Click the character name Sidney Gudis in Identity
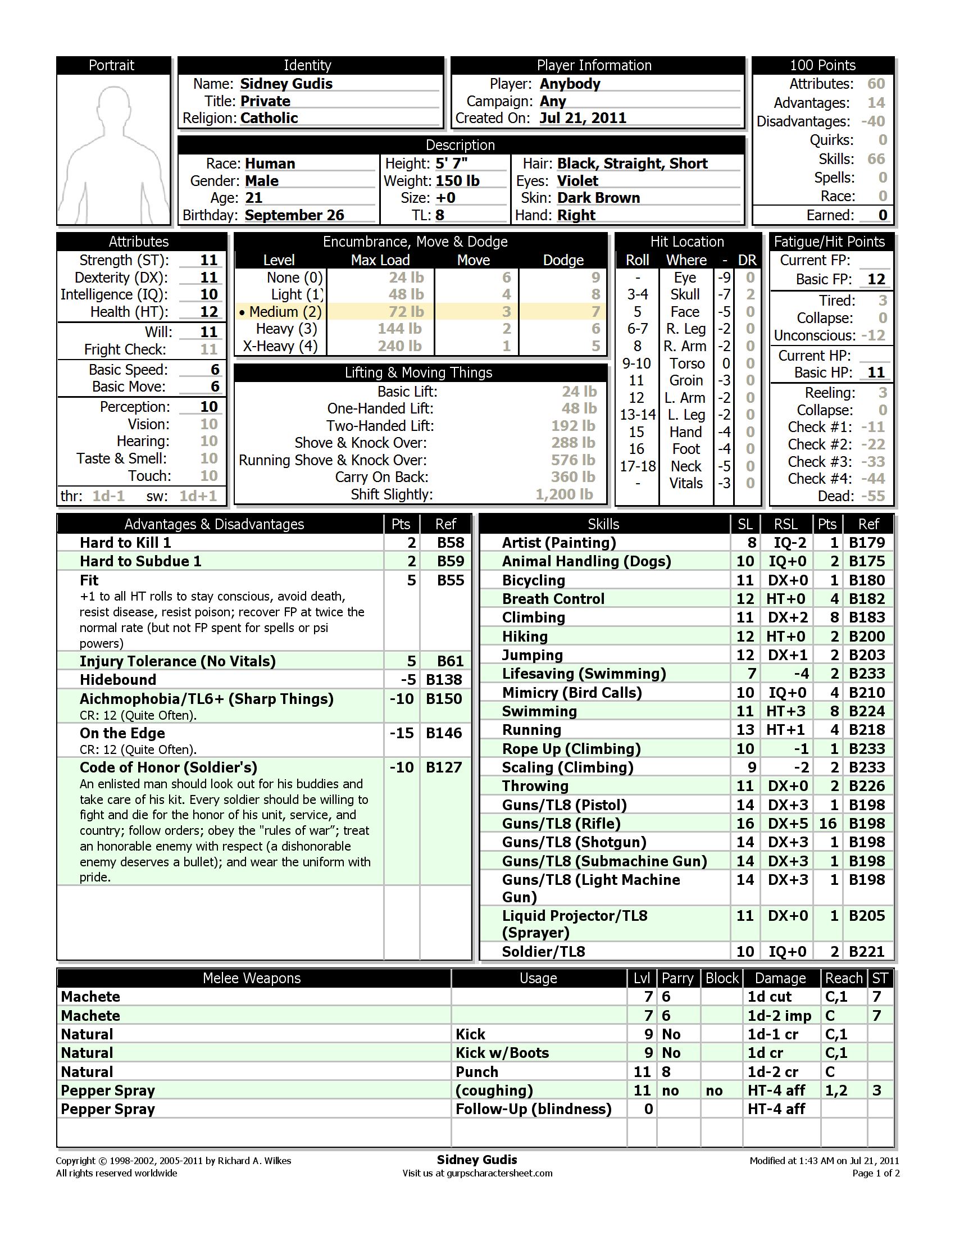[x=286, y=84]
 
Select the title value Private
[x=265, y=101]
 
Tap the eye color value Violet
[x=577, y=181]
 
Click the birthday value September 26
[x=294, y=216]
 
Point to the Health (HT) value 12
[x=209, y=312]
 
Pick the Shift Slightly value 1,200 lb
[x=564, y=494]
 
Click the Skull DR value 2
[x=750, y=294]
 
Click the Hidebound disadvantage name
[x=117, y=680]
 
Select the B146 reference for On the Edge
[x=444, y=733]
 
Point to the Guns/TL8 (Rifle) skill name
[x=561, y=824]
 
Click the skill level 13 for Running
[x=745, y=730]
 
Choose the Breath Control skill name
[x=553, y=599]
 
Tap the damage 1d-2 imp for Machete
[x=779, y=1016]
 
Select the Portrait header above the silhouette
[x=111, y=65]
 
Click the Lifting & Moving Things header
[x=419, y=372]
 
